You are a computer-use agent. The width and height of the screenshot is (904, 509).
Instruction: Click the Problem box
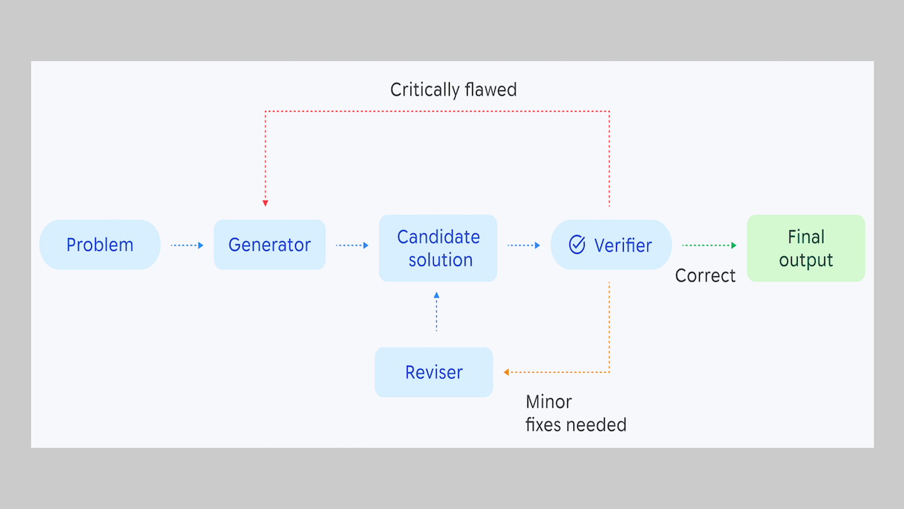(99, 245)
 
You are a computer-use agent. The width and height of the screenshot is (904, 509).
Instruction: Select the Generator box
(270, 245)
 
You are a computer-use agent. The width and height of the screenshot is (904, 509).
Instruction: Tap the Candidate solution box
(438, 248)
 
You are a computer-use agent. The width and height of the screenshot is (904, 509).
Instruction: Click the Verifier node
(611, 245)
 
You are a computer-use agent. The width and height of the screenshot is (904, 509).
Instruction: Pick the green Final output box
(805, 248)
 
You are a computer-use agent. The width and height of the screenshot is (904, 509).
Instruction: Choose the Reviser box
(434, 372)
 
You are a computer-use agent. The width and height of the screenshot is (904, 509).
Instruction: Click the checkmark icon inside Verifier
(577, 245)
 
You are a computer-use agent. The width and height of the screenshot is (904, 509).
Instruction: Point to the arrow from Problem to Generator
(188, 245)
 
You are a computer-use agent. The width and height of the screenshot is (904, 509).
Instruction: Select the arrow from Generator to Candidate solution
(352, 245)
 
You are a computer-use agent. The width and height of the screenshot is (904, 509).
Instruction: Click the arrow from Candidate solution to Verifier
(524, 245)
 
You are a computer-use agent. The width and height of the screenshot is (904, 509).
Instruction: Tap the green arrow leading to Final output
(709, 245)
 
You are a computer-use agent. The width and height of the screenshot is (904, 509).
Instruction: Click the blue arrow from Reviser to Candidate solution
(436, 312)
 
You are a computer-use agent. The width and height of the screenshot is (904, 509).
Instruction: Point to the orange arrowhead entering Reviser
(507, 372)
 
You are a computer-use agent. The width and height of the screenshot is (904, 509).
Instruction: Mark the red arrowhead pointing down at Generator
(265, 203)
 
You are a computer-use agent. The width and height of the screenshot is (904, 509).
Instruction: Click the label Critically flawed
(454, 90)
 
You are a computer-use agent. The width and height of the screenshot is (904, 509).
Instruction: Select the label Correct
(705, 276)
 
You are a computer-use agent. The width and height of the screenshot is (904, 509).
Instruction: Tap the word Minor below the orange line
(548, 402)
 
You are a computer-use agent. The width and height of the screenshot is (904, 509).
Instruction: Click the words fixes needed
(576, 425)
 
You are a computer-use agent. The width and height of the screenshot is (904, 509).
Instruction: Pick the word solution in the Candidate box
(441, 261)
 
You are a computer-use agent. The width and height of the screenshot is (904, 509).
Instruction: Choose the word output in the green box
(805, 261)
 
